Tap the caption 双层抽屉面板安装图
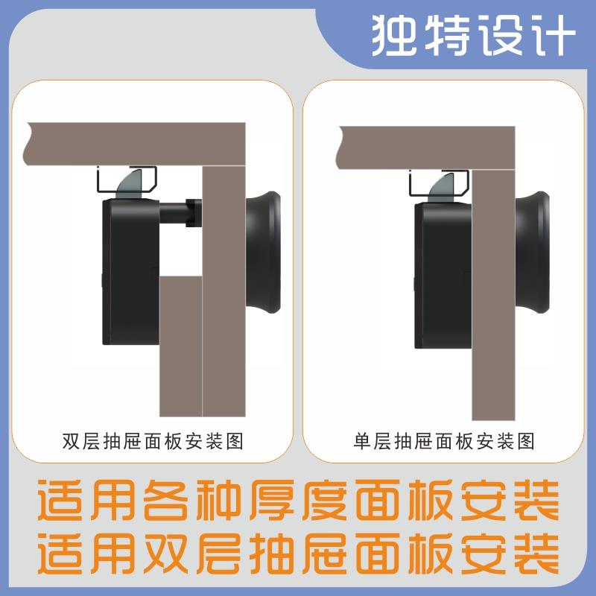[x=153, y=441]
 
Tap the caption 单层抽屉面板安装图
[x=444, y=441]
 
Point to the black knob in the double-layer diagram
[x=264, y=253]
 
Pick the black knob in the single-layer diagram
[x=535, y=253]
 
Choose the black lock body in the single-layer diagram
[x=443, y=276]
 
